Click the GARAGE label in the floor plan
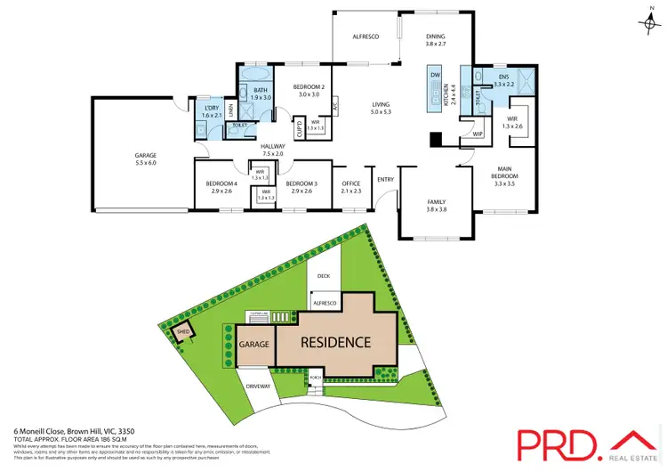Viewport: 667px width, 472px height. (x=146, y=155)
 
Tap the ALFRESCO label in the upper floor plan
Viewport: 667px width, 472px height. (x=366, y=37)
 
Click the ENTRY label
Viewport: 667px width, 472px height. (x=385, y=179)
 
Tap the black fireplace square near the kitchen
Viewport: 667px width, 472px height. (x=434, y=139)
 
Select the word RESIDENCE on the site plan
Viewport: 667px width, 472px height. (x=334, y=342)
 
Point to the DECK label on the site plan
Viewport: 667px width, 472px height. (x=323, y=276)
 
